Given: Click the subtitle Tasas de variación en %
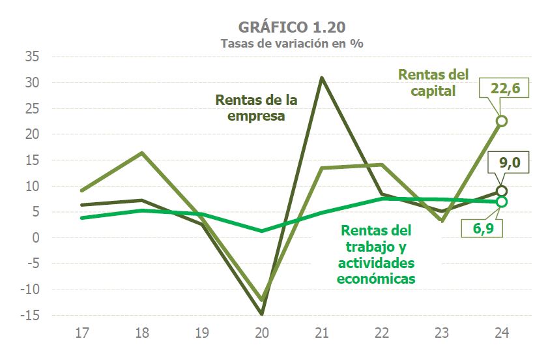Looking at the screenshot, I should (292, 44).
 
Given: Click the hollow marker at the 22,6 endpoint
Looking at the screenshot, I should (502, 121).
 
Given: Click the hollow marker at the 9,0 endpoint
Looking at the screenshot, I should (502, 191).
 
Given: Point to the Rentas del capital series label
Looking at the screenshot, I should (433, 83).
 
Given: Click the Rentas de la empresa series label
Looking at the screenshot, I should (256, 108).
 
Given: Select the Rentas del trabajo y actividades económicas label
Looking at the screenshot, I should (376, 254).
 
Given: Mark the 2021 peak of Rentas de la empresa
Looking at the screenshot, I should (322, 78).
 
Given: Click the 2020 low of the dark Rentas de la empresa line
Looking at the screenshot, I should (262, 314).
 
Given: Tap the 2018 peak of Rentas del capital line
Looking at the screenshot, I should (142, 153).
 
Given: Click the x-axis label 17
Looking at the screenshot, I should (82, 333).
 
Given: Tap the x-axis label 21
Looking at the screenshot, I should (322, 333).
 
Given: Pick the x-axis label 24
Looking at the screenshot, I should (502, 333).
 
